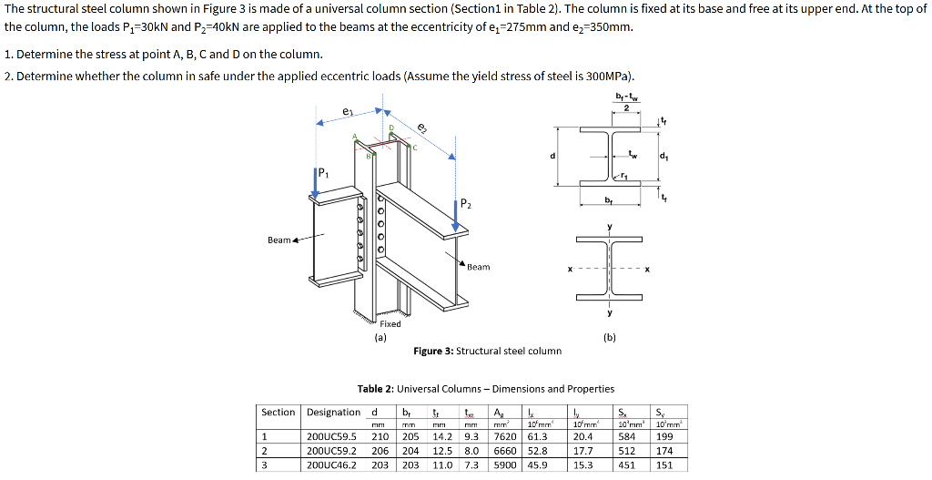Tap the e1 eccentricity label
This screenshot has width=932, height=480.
[347, 111]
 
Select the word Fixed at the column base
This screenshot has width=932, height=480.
[390, 324]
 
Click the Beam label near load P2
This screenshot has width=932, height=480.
[478, 267]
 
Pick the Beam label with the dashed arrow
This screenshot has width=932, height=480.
[279, 240]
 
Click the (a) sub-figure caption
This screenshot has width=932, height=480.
[380, 337]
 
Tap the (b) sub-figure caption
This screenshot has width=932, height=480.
[609, 337]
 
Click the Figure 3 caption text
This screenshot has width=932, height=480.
[487, 351]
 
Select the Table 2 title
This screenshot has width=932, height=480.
[485, 389]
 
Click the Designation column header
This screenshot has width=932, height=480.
[333, 413]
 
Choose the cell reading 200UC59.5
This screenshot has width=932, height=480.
[332, 436]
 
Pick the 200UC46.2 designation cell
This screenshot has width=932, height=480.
[332, 464]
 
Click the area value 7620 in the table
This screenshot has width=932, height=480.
[504, 436]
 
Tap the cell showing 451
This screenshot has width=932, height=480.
[627, 464]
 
